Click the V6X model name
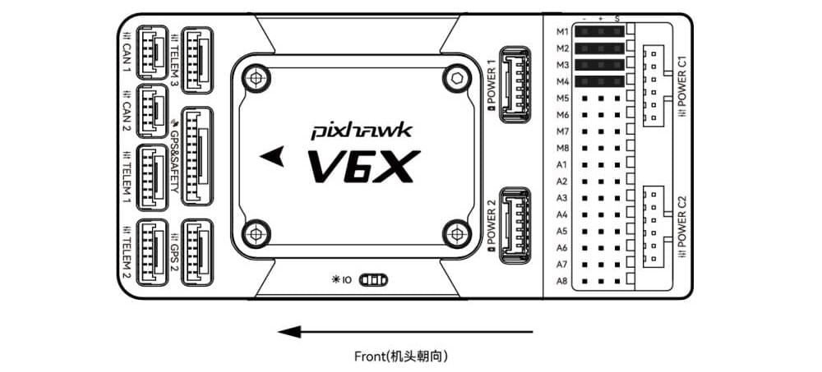pyautogui.click(x=359, y=167)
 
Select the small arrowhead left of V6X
pyautogui.click(x=270, y=155)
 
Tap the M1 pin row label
pyautogui.click(x=562, y=31)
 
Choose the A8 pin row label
pyautogui.click(x=562, y=281)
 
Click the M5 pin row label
pyautogui.click(x=562, y=98)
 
